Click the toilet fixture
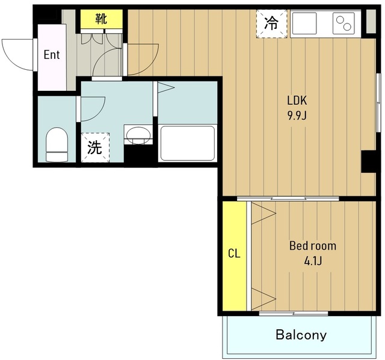(x=57, y=144)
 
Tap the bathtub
(x=187, y=143)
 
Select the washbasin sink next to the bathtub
(x=138, y=135)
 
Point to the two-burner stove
(x=343, y=23)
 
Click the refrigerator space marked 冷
(x=271, y=23)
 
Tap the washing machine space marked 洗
(x=95, y=147)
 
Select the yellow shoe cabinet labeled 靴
(x=102, y=19)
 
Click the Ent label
(x=52, y=55)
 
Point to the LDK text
(x=297, y=101)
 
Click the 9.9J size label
(x=297, y=115)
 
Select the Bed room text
(x=313, y=246)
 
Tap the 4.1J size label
(x=313, y=261)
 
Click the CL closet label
(x=234, y=253)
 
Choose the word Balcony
(x=301, y=335)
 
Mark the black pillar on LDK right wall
(x=369, y=161)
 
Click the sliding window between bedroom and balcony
(x=294, y=313)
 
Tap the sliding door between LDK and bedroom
(x=288, y=199)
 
